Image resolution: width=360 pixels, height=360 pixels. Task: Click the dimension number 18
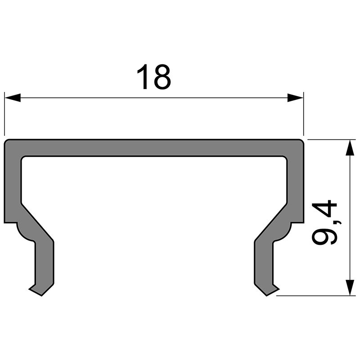(x=154, y=77)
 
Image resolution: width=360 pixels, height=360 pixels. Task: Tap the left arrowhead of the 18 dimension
(x=13, y=98)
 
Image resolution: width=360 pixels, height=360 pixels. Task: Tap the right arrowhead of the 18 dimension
(x=295, y=98)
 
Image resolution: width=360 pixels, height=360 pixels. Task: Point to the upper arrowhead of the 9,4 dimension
(x=349, y=147)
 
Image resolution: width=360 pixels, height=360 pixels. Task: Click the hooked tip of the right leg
(x=270, y=290)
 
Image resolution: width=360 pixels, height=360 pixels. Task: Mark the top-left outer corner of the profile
(x=6, y=141)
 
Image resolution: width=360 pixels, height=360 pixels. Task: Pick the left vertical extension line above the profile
(x=4, y=115)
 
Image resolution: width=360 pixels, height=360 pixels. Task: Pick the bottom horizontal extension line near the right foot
(x=315, y=296)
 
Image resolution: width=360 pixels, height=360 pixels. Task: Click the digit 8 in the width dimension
(x=162, y=77)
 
